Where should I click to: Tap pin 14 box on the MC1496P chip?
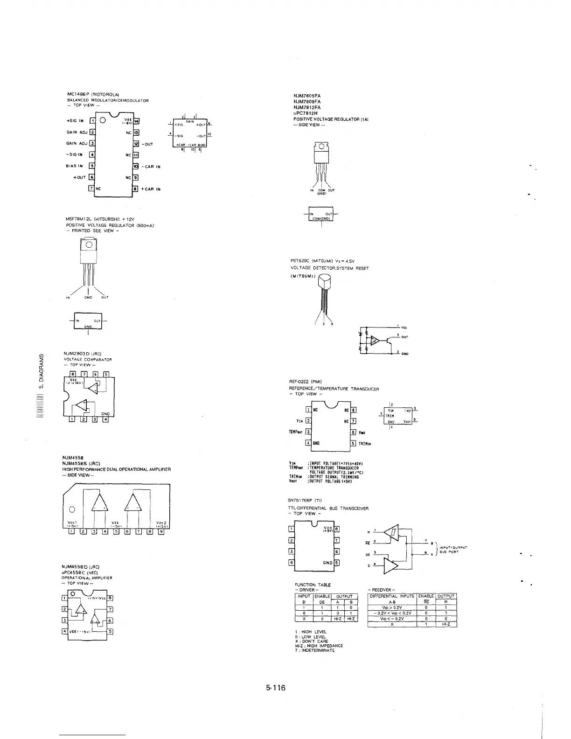pos(136,121)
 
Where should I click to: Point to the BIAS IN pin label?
pos(74,166)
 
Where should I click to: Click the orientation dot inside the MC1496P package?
pos(102,120)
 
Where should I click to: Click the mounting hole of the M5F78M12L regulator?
pos(89,245)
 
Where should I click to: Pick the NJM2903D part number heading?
pos(76,354)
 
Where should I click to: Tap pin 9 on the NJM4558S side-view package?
pos(160,531)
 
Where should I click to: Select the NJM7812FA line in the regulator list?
pos(307,107)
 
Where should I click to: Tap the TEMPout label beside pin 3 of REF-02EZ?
pos(296,432)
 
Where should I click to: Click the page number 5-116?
pos(275,687)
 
